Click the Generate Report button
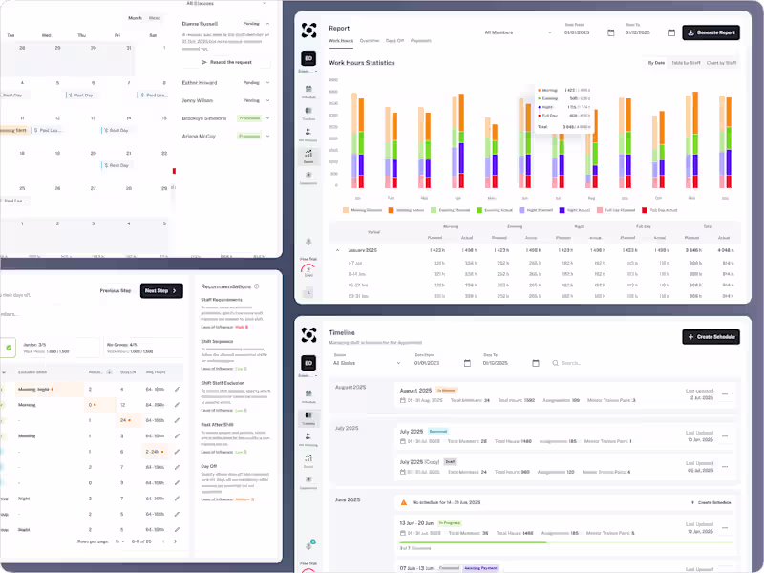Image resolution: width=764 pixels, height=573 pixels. pyautogui.click(x=711, y=32)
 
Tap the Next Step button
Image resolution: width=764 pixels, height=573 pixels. pyautogui.click(x=161, y=290)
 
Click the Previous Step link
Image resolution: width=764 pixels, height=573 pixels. pyautogui.click(x=115, y=290)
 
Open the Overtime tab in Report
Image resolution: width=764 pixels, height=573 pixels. pyautogui.click(x=369, y=41)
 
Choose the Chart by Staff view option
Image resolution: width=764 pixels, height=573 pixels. pyautogui.click(x=721, y=63)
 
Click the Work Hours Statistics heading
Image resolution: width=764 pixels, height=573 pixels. pyautogui.click(x=361, y=63)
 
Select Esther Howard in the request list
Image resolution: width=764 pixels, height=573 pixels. pyautogui.click(x=200, y=83)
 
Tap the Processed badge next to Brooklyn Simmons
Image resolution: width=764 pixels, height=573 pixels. pyautogui.click(x=249, y=118)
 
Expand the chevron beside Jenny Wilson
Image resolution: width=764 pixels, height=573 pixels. pyautogui.click(x=268, y=100)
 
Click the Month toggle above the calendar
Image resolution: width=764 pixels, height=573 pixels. pyautogui.click(x=135, y=18)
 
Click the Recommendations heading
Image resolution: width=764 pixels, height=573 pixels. pyautogui.click(x=226, y=286)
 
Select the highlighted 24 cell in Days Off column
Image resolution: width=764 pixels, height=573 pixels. pyautogui.click(x=124, y=419)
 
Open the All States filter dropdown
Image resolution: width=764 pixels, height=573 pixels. pyautogui.click(x=366, y=363)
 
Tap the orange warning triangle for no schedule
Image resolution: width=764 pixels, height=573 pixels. pyautogui.click(x=404, y=501)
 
